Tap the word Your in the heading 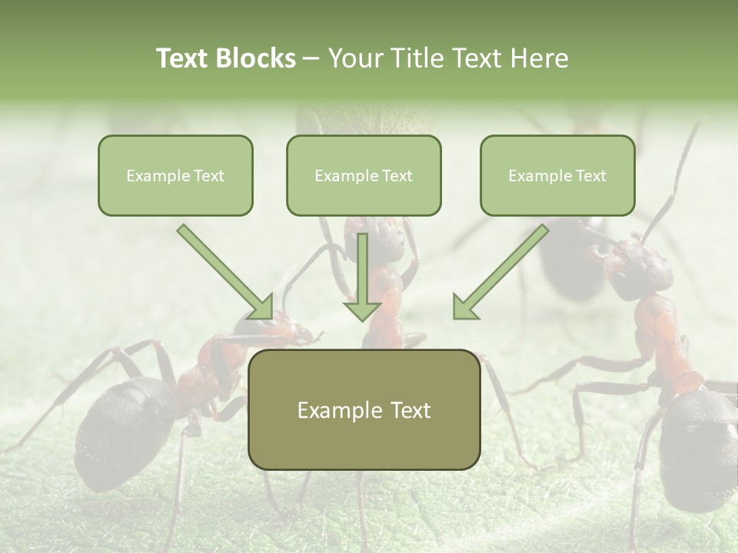[354, 58]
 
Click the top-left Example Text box [175, 175]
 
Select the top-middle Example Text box [364, 175]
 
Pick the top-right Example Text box [557, 175]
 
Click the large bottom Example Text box [364, 409]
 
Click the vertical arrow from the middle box [362, 276]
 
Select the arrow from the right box [499, 273]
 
